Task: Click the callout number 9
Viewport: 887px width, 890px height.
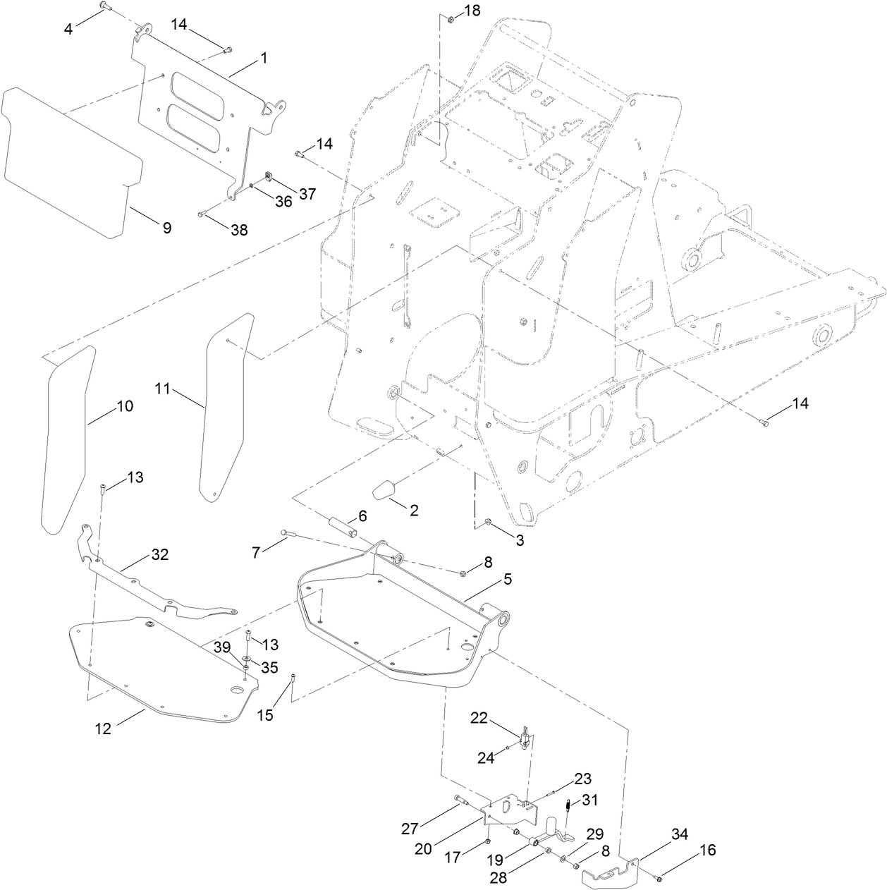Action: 166,228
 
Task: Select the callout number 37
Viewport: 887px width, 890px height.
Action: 307,193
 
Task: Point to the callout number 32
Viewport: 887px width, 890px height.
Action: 160,554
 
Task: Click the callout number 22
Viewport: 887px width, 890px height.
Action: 498,718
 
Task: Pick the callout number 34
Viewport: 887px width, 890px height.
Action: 679,835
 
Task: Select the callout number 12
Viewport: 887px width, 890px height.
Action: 103,729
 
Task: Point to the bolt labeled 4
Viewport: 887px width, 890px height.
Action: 103,6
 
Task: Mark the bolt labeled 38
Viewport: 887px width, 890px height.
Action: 201,214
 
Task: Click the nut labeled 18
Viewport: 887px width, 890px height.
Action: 451,17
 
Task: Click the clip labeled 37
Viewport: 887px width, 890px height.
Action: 269,176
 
